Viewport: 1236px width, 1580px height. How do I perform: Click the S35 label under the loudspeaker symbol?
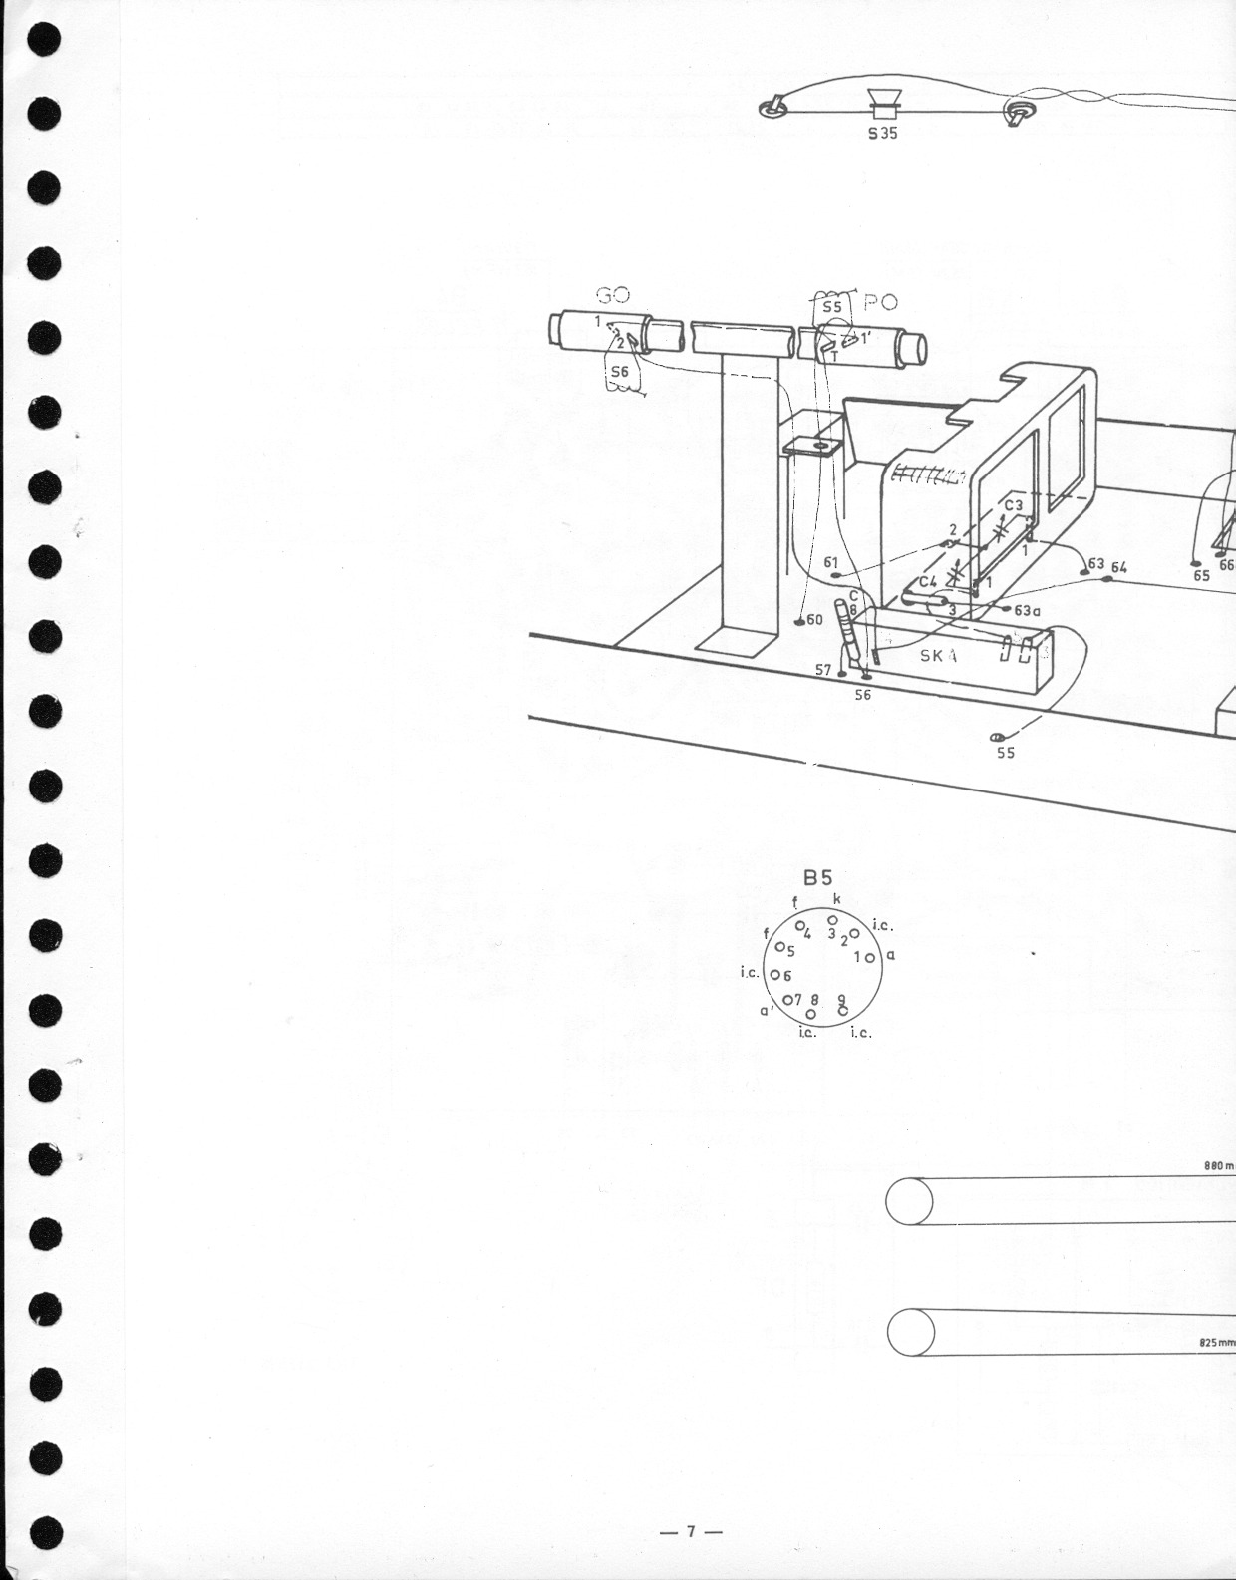pyautogui.click(x=882, y=132)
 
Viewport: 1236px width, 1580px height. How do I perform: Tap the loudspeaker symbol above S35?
pyautogui.click(x=883, y=102)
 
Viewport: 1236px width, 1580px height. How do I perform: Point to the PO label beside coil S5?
pyautogui.click(x=881, y=303)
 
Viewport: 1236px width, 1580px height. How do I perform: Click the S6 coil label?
pyautogui.click(x=620, y=372)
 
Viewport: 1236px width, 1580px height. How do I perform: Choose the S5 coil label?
pyautogui.click(x=832, y=307)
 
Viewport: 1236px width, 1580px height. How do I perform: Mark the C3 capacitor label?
pyautogui.click(x=1013, y=505)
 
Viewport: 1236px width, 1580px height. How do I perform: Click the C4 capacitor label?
pyautogui.click(x=928, y=580)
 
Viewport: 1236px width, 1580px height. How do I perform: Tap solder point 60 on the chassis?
pyautogui.click(x=799, y=621)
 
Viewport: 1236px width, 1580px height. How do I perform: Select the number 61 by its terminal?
pyautogui.click(x=832, y=562)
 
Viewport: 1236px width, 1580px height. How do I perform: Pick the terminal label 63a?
pyautogui.click(x=1028, y=610)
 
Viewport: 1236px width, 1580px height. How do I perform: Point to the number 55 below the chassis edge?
pyautogui.click(x=1006, y=753)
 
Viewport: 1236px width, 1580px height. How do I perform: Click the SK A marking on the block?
pyautogui.click(x=939, y=655)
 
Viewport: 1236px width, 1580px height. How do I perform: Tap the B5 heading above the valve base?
pyautogui.click(x=817, y=877)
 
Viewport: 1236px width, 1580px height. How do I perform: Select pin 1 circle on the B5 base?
pyautogui.click(x=869, y=958)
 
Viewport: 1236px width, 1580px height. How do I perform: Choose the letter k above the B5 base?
pyautogui.click(x=836, y=898)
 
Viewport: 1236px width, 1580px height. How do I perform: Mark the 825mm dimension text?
pyautogui.click(x=1217, y=1343)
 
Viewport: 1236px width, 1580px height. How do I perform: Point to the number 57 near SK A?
pyautogui.click(x=823, y=670)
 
